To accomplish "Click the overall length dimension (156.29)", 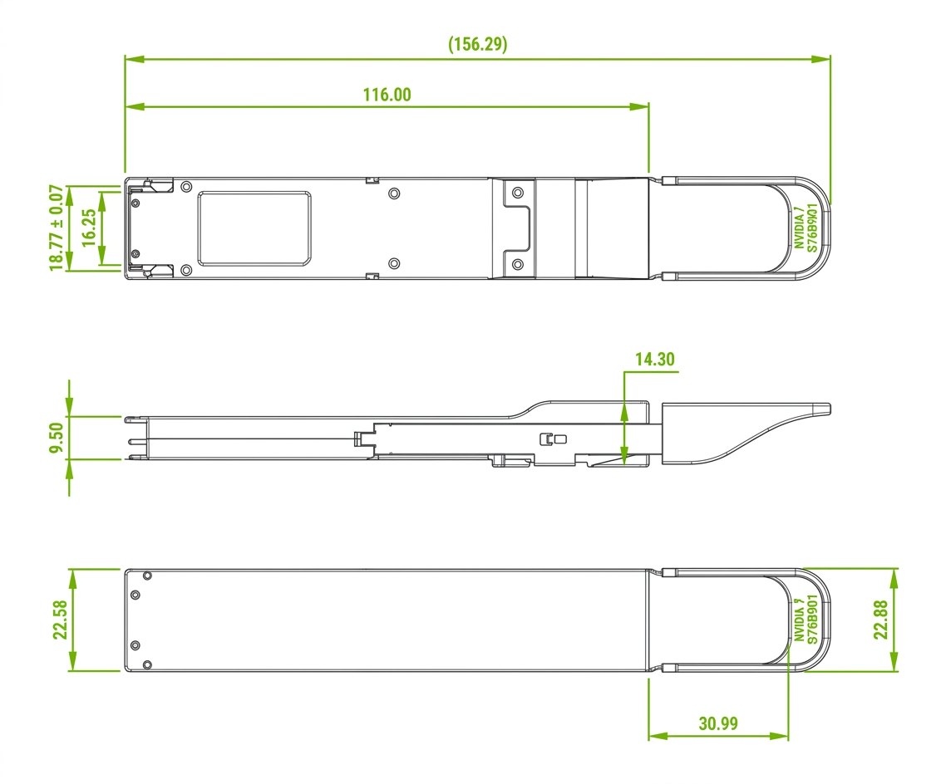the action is [x=478, y=44].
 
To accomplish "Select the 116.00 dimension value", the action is [x=387, y=95].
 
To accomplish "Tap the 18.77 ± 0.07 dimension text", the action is [x=57, y=228].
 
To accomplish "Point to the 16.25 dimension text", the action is [x=89, y=228].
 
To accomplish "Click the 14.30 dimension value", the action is [x=655, y=359].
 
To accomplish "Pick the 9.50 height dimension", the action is [x=57, y=439].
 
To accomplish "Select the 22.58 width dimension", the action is [x=60, y=620].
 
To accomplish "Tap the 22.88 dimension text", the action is [x=880, y=620].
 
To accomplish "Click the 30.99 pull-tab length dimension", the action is [x=718, y=723].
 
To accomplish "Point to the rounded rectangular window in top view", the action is [x=254, y=228].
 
